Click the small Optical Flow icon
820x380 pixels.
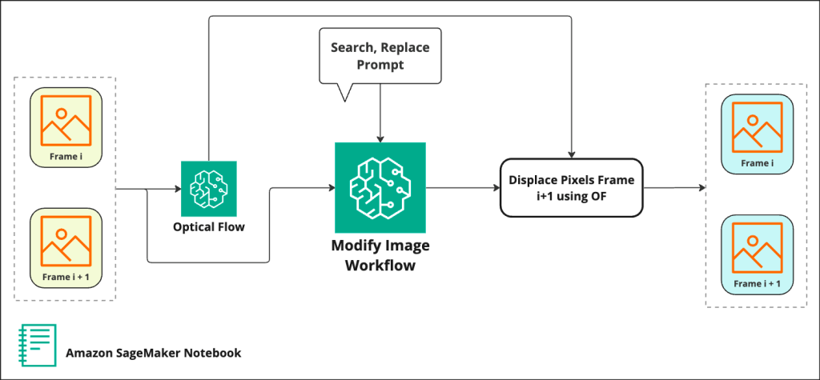[209, 189]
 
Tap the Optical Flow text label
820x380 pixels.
[209, 227]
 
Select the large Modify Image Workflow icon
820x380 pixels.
[380, 188]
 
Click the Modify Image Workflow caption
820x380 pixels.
[380, 254]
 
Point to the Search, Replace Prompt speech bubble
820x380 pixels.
[380, 56]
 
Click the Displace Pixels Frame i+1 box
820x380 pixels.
[571, 188]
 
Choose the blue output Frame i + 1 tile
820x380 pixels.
[757, 254]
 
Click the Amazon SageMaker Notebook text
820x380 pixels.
[153, 353]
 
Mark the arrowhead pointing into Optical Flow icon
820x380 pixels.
[177, 190]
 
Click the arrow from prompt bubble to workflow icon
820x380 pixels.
[380, 112]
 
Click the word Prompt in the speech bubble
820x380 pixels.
[380, 65]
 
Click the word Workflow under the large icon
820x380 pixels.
[380, 266]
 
